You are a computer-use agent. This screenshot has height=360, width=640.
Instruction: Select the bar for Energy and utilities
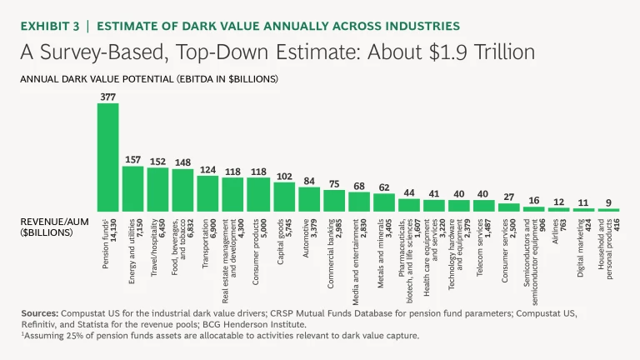click(x=132, y=188)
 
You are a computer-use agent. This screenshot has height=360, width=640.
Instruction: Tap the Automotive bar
click(x=309, y=199)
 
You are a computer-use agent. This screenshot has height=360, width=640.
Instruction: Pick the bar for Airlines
click(x=558, y=209)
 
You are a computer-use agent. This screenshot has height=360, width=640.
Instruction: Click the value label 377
click(x=107, y=97)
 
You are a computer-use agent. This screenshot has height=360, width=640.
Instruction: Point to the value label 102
click(x=284, y=177)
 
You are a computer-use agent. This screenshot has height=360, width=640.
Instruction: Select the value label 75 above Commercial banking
click(x=334, y=184)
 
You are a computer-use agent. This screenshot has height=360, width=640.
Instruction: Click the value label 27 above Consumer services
click(x=508, y=197)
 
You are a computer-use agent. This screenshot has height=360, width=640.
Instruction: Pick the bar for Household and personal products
click(x=608, y=210)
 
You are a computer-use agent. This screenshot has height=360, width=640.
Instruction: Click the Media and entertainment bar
click(x=359, y=202)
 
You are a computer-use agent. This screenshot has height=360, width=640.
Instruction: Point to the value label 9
click(x=608, y=202)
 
